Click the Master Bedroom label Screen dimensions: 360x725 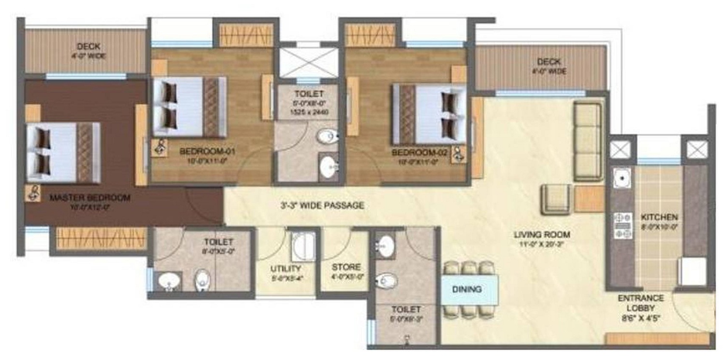coord(90,197)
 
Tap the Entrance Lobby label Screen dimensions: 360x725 coord(640,303)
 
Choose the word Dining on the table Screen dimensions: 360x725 coord(467,289)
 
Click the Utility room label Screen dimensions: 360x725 coord(286,269)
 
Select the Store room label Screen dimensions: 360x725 coord(346,267)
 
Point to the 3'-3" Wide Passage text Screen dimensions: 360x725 coord(322,205)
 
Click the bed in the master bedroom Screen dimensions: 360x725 coord(63,153)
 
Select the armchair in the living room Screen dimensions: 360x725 coord(557,199)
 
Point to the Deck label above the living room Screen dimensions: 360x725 coord(549,62)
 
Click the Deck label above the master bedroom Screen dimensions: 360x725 coord(88,47)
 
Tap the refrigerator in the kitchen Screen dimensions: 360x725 coord(693,272)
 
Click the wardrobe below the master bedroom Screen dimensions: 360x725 coord(101,238)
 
